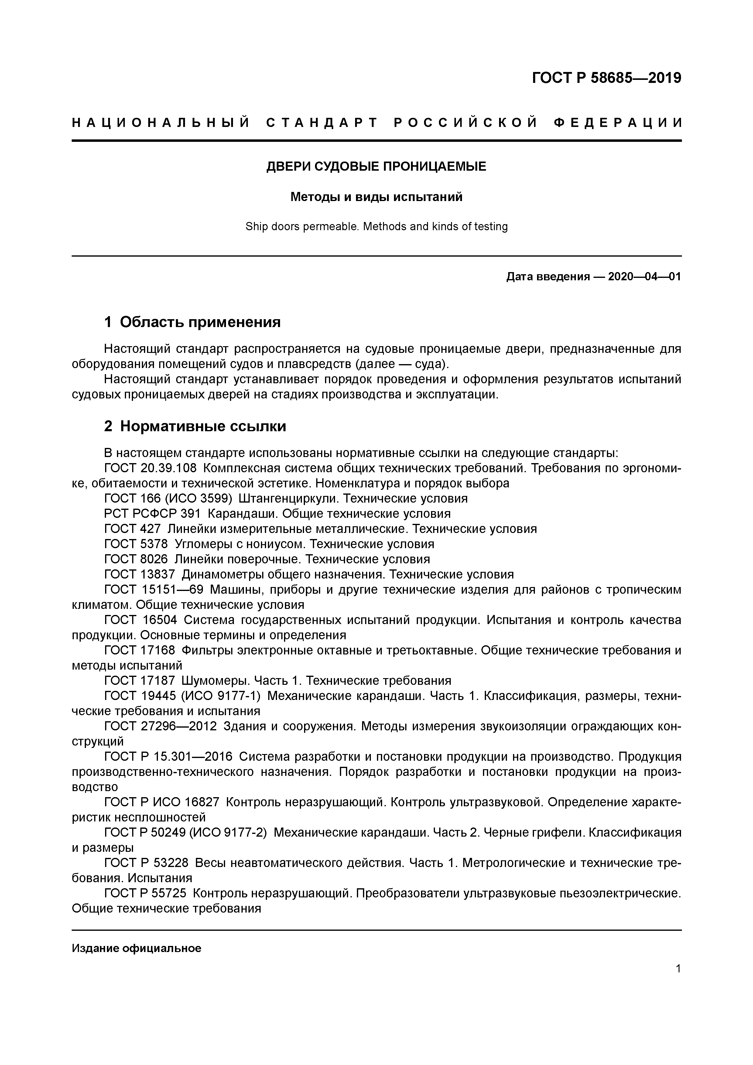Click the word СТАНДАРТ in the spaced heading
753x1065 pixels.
322,123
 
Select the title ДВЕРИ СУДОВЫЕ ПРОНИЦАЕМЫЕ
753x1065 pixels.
376,166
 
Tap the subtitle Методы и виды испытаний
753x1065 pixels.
376,197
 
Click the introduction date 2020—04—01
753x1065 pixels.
644,277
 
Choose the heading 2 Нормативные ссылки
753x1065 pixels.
195,426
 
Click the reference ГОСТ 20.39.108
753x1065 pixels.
150,468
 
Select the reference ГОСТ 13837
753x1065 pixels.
139,575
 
